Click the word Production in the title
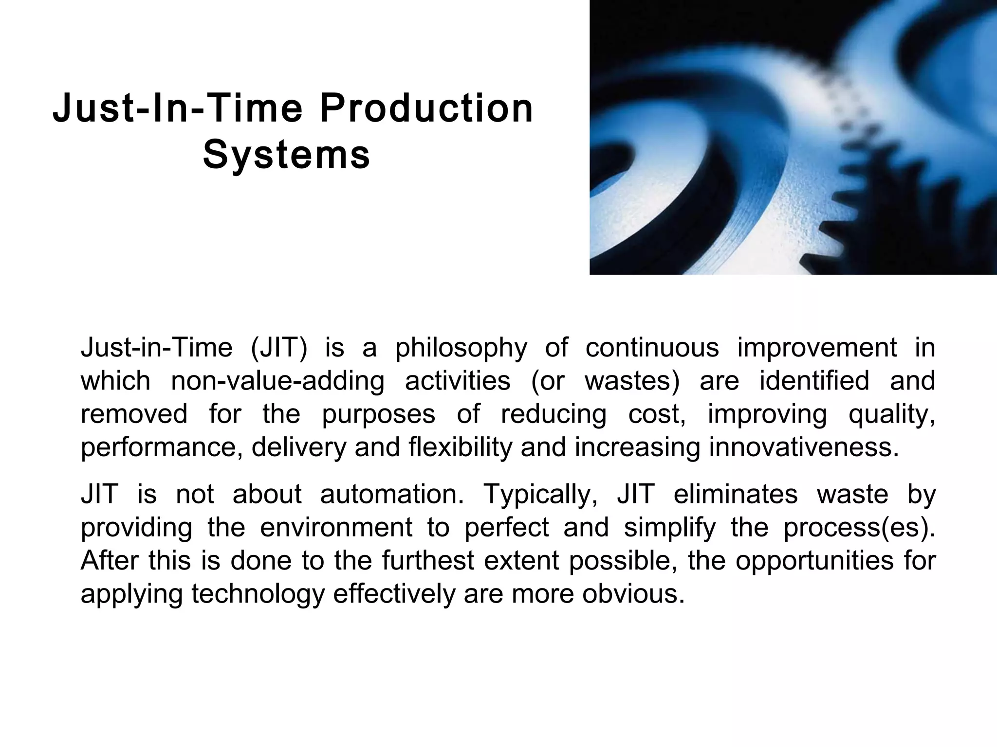pos(426,108)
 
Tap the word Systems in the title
pos(287,155)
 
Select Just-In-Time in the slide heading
pos(178,108)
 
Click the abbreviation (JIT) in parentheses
pos(278,348)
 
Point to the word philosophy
pos(461,348)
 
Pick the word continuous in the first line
pos(652,348)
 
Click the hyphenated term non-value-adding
pos(277,381)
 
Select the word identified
pos(814,381)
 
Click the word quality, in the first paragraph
pos(892,414)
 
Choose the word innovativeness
pos(804,447)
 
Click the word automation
pos(392,495)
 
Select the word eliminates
pos(736,495)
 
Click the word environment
pos(336,528)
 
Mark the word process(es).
pos(859,528)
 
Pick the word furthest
pos(427,561)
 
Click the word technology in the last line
pos(258,594)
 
